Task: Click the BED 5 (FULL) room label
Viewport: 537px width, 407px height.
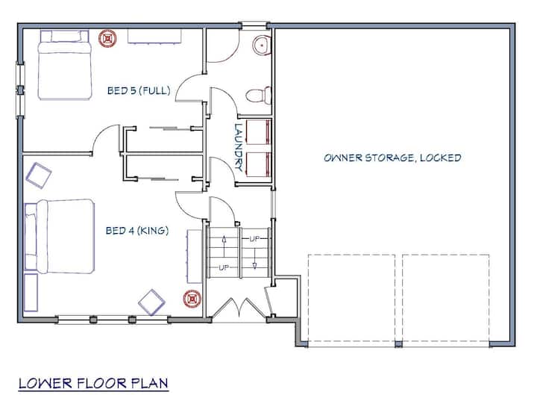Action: pyautogui.click(x=139, y=90)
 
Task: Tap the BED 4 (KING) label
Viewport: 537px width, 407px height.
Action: pyautogui.click(x=137, y=231)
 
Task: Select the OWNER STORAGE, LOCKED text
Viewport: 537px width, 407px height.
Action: pyautogui.click(x=392, y=158)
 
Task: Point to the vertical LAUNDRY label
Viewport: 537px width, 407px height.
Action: pyautogui.click(x=239, y=147)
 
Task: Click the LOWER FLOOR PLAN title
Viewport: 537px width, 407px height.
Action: pyautogui.click(x=93, y=383)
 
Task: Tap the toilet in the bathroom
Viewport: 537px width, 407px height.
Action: pyautogui.click(x=259, y=96)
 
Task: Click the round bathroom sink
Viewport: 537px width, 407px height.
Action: pyautogui.click(x=262, y=45)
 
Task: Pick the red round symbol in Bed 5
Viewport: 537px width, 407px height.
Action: pyautogui.click(x=108, y=38)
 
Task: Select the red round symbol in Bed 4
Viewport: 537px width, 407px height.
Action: pyautogui.click(x=192, y=299)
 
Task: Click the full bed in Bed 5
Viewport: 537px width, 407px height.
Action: pyautogui.click(x=64, y=65)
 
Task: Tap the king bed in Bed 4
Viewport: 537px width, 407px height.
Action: pyautogui.click(x=60, y=236)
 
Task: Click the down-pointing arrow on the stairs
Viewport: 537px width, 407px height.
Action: pyautogui.click(x=254, y=257)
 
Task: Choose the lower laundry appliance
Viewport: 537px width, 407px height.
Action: pyautogui.click(x=259, y=165)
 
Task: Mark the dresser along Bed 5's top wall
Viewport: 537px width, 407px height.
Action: pyautogui.click(x=154, y=37)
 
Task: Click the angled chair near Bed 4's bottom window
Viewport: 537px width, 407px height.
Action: pyautogui.click(x=151, y=302)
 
